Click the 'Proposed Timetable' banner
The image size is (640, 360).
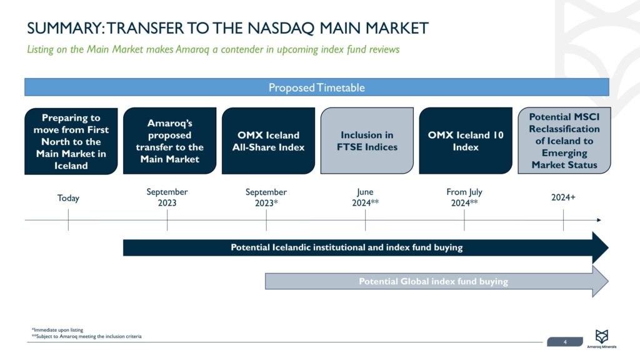pyautogui.click(x=316, y=87)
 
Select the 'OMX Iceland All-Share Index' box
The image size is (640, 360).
pyautogui.click(x=268, y=141)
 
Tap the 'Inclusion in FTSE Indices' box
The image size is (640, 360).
pyautogui.click(x=367, y=141)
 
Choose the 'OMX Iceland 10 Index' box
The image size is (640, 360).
pyautogui.click(x=466, y=141)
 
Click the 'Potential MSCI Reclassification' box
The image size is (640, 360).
pyautogui.click(x=564, y=141)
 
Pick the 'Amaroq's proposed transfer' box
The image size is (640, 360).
pyautogui.click(x=169, y=141)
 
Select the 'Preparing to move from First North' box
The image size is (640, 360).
pyautogui.click(x=71, y=141)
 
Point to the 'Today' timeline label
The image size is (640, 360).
pyautogui.click(x=68, y=198)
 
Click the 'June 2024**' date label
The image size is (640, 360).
pyautogui.click(x=366, y=197)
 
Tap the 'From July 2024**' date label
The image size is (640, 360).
pyautogui.click(x=464, y=197)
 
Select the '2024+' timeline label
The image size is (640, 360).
pyautogui.click(x=563, y=197)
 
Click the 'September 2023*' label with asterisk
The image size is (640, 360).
pyautogui.click(x=266, y=197)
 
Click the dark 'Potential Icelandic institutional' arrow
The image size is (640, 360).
pyautogui.click(x=347, y=247)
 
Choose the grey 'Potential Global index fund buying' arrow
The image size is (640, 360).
pyautogui.click(x=433, y=281)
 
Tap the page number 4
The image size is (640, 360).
pyautogui.click(x=565, y=342)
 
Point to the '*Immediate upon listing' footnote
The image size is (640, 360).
pyautogui.click(x=57, y=330)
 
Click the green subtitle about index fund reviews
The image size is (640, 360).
pyautogui.click(x=212, y=49)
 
